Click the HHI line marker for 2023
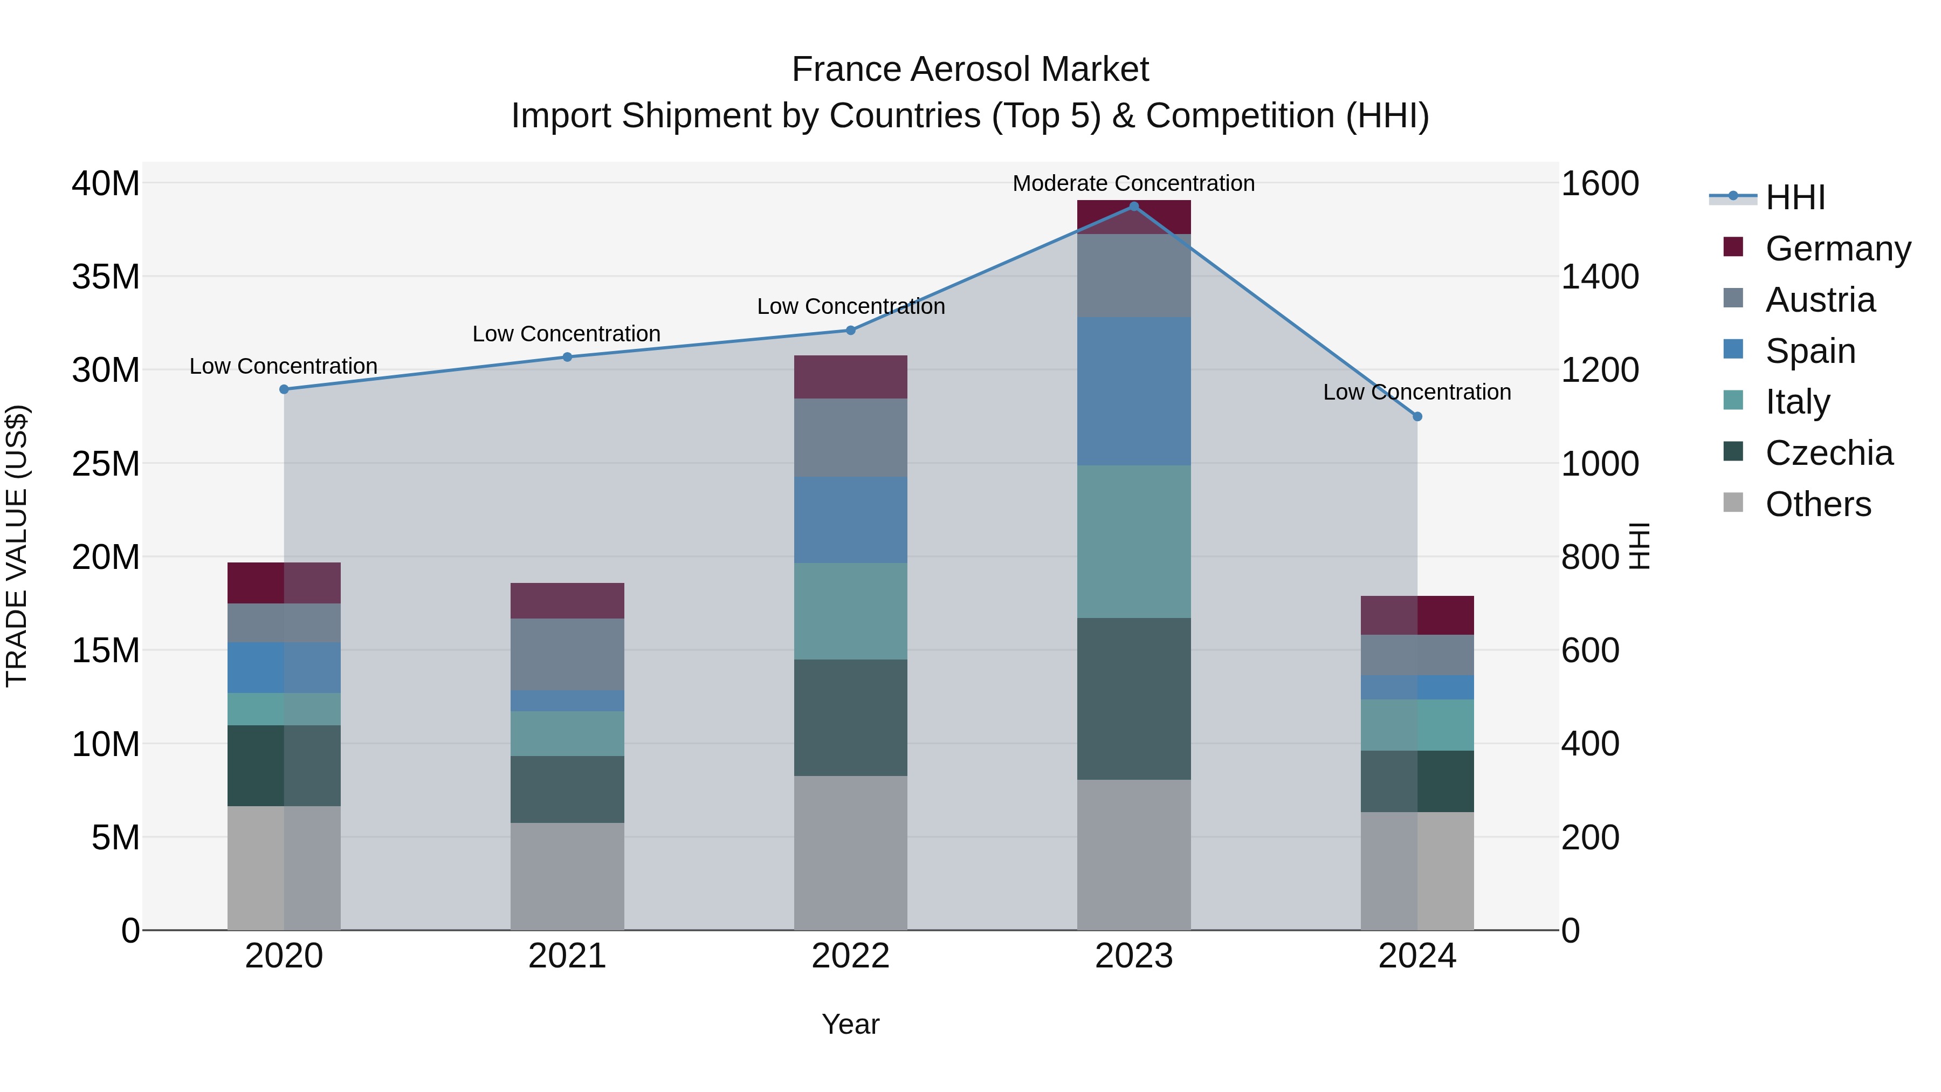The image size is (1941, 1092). point(1133,207)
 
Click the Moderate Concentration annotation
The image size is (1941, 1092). point(1133,184)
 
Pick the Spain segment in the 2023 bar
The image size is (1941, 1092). point(1133,391)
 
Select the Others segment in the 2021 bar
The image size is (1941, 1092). point(567,876)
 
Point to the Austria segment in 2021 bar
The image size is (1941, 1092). point(567,654)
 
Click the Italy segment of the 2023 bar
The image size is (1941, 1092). point(1133,542)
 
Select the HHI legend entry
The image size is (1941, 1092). point(1795,197)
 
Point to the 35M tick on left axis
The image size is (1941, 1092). point(106,277)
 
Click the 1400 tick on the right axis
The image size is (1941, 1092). point(1599,277)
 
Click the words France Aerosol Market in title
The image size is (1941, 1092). point(970,70)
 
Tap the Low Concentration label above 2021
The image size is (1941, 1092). point(567,334)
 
